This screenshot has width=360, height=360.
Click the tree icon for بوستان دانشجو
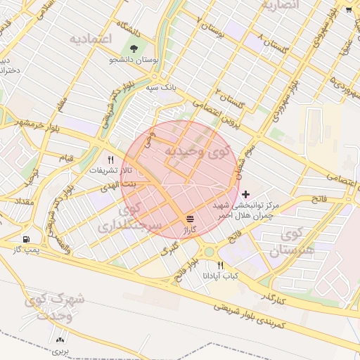point(134,49)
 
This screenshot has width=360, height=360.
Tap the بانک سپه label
point(161,88)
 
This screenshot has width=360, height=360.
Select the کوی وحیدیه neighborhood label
point(200,150)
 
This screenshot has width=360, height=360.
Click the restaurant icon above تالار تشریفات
point(110,160)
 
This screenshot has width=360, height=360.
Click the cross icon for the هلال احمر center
point(245,193)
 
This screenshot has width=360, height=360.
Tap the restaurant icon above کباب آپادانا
point(221,265)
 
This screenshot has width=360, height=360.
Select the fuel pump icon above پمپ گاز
point(27,239)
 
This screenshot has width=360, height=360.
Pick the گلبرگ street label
point(169,250)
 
